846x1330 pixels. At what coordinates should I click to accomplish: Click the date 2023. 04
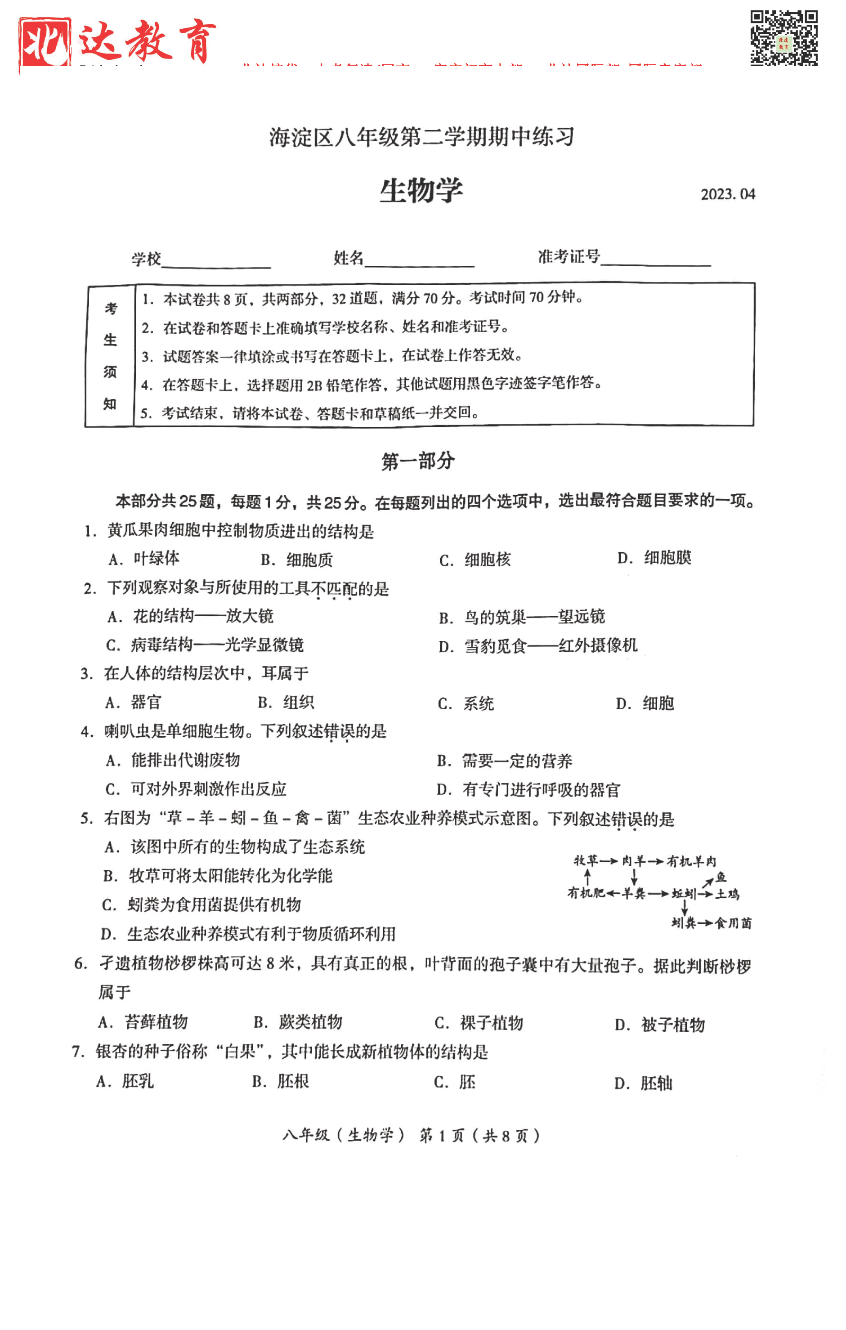click(x=727, y=194)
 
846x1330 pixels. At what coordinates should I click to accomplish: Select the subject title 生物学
click(x=421, y=191)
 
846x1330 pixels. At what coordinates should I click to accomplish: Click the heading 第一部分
click(x=418, y=461)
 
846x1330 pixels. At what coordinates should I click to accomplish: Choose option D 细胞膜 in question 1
click(x=654, y=558)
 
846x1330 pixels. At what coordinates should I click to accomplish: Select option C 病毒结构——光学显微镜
click(x=206, y=645)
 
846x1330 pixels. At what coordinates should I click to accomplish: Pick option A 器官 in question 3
click(x=134, y=703)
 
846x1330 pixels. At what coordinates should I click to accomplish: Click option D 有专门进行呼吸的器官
click(x=528, y=790)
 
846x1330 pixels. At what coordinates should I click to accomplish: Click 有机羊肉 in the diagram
click(x=691, y=861)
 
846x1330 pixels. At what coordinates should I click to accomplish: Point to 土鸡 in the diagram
click(x=727, y=894)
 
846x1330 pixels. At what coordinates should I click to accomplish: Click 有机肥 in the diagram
click(x=586, y=893)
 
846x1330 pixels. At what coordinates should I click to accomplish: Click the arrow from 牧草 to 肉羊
click(x=609, y=861)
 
